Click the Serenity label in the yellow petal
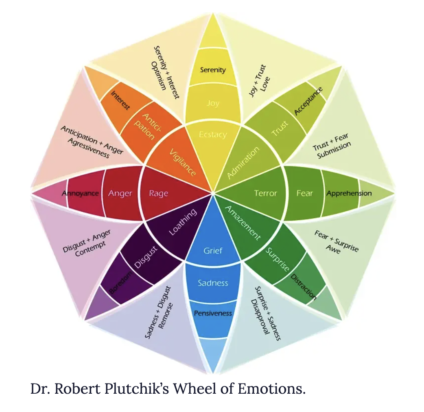click(x=213, y=70)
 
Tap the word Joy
click(x=213, y=103)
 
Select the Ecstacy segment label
click(x=213, y=134)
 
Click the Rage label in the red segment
click(x=158, y=193)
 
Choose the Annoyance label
click(x=80, y=193)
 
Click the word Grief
click(x=213, y=251)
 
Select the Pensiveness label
click(x=213, y=313)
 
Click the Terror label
click(x=265, y=193)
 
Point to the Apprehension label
click(x=349, y=193)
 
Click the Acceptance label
click(x=308, y=101)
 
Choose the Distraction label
click(x=304, y=287)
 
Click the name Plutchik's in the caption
click(x=136, y=389)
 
